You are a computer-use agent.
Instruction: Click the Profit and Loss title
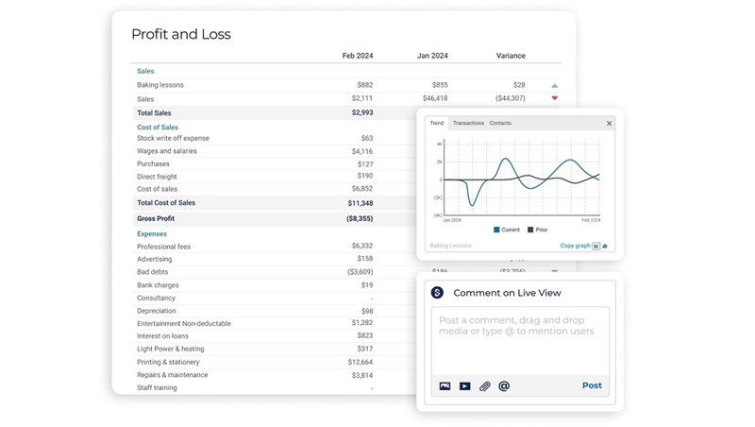180,35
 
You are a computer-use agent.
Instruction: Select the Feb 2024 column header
357,56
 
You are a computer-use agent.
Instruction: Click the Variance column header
511,56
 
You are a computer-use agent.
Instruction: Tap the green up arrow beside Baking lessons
555,86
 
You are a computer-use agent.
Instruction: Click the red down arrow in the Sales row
555,98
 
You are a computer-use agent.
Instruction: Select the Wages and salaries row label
167,151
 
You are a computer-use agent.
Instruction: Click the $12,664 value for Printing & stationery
360,362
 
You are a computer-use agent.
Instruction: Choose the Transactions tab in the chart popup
468,123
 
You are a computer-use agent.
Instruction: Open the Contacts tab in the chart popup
500,123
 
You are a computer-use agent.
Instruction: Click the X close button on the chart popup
609,124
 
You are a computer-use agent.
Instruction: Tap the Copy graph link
575,246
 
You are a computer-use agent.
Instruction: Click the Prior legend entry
538,230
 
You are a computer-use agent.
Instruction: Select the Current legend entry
508,230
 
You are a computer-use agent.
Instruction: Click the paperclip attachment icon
484,386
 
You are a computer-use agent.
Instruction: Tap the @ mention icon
504,386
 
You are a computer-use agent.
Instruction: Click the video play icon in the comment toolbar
464,386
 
